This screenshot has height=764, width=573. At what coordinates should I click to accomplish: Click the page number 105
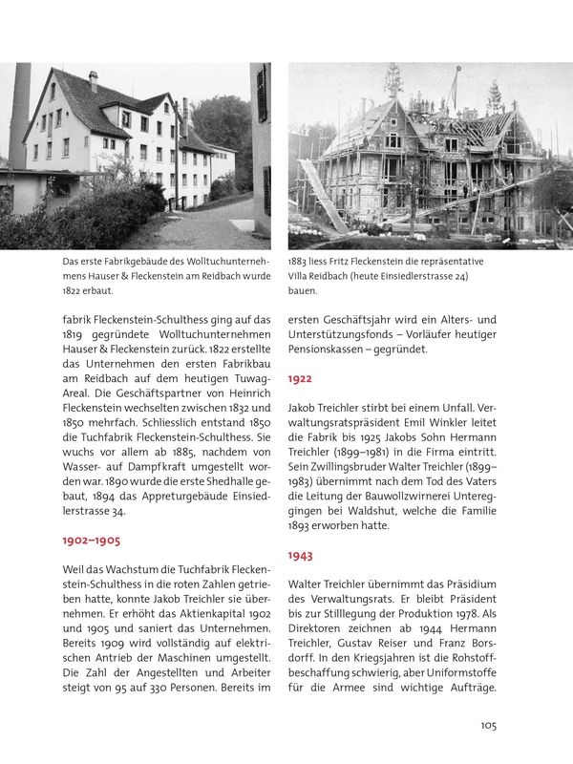click(x=488, y=726)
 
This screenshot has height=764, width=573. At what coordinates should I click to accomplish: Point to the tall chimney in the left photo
click(x=19, y=115)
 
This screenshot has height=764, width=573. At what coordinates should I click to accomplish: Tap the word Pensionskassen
click(x=335, y=350)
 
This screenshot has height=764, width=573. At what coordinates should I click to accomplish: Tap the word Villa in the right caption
click(x=304, y=276)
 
